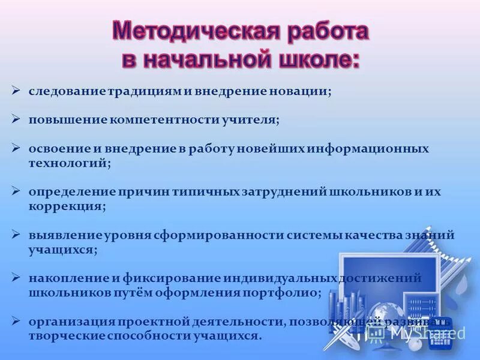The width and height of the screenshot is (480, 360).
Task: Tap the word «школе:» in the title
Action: coord(318,61)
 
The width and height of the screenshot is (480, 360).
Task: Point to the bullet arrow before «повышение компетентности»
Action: coord(16,119)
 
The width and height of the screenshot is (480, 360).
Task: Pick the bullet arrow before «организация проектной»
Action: coord(16,322)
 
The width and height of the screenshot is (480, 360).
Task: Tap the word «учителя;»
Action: coord(252,119)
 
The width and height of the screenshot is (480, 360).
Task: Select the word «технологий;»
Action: coord(70,163)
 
